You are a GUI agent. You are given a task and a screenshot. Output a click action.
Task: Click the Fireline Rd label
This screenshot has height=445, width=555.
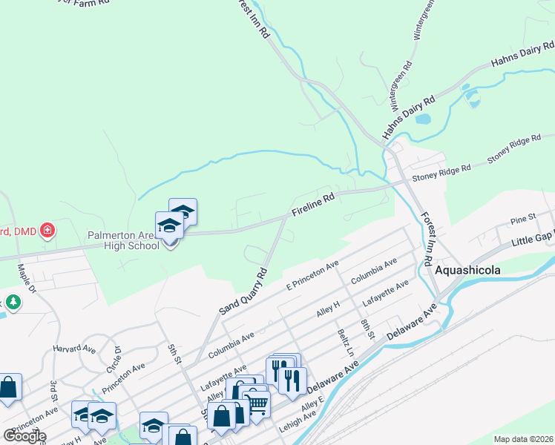[x=313, y=202]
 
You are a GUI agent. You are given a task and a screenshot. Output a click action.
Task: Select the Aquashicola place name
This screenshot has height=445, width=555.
[x=466, y=271]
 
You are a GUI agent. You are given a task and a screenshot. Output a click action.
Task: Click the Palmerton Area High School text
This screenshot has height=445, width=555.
[x=122, y=240]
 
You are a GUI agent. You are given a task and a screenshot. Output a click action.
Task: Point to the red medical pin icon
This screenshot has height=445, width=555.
[x=47, y=231]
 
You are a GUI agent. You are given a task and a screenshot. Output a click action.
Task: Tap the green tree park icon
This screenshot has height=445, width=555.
[x=13, y=303]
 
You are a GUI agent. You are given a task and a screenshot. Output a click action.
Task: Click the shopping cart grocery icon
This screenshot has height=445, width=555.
[x=257, y=403]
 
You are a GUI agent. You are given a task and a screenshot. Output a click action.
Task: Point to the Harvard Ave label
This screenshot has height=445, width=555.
[x=74, y=348]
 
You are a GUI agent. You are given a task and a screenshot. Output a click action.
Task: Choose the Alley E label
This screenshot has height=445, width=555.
[x=312, y=406]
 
